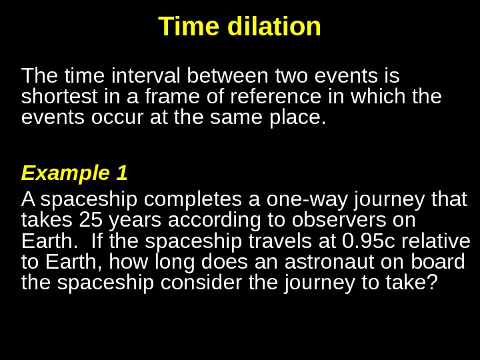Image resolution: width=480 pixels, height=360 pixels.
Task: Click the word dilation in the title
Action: [275, 27]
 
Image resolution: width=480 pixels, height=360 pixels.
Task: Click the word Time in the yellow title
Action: [191, 27]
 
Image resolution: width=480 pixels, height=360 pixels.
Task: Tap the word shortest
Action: [61, 97]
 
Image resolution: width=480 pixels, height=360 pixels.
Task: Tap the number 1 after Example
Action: [121, 173]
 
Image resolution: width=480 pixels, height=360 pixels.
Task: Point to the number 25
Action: [91, 220]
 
